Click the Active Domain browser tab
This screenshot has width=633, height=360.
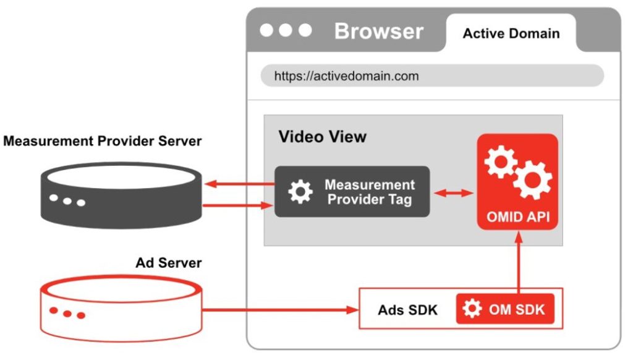(x=511, y=33)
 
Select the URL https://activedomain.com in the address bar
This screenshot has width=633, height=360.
(x=346, y=76)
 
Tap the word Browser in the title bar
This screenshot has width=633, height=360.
(x=378, y=31)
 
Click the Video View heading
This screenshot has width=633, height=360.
(x=322, y=136)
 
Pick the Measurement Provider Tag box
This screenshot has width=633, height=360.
(x=352, y=192)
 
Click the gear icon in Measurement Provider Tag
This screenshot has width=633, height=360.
(x=300, y=192)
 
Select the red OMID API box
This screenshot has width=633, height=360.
(x=517, y=182)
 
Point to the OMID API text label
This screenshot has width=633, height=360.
(x=517, y=217)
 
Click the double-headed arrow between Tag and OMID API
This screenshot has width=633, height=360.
(x=453, y=193)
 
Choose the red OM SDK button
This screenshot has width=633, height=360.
(x=505, y=309)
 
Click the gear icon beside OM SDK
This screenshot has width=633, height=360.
(x=472, y=309)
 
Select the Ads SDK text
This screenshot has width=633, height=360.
(x=407, y=309)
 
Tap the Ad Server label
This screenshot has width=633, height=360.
(x=168, y=263)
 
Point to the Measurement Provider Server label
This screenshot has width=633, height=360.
(x=103, y=141)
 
